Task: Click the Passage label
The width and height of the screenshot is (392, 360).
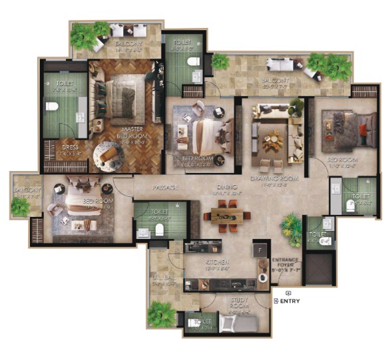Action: click(x=164, y=188)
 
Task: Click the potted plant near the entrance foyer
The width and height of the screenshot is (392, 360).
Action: click(x=291, y=226)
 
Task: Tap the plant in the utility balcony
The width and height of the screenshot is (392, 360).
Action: click(x=161, y=312)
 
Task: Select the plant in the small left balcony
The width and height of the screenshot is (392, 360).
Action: click(x=21, y=206)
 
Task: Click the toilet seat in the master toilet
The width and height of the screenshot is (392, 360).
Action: click(x=51, y=106)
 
